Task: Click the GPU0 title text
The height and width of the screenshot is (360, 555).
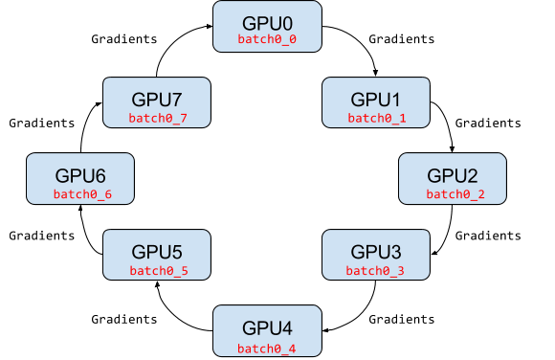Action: coord(267,21)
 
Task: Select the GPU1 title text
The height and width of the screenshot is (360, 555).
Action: coord(376,99)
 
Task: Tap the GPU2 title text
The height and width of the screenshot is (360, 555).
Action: coord(453,175)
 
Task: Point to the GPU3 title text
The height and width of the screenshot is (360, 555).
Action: coord(376,252)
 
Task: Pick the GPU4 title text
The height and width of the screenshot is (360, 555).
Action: coord(267,328)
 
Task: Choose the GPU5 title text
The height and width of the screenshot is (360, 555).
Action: coord(157,252)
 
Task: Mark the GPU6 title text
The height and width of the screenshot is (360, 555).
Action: coord(80,175)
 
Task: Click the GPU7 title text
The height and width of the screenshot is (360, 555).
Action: coord(157,99)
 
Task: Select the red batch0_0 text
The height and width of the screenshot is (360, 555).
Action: coord(267,40)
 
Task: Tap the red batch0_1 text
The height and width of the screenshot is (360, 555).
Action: coord(376,118)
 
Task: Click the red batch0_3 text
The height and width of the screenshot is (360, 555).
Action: coord(375,271)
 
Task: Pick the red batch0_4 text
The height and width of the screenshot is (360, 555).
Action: coord(267,348)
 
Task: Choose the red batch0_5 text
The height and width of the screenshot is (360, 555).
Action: coord(158,271)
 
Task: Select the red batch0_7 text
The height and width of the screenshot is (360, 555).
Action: coord(158,118)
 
